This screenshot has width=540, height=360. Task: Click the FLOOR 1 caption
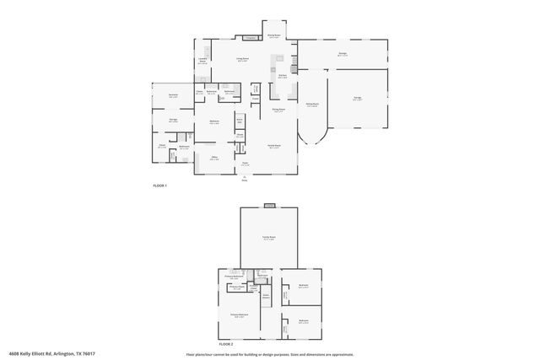(160, 185)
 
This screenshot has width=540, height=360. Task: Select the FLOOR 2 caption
(225, 345)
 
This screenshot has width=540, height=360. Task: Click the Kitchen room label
(283, 75)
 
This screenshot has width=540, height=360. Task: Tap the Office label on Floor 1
(215, 158)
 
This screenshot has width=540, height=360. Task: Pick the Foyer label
(245, 164)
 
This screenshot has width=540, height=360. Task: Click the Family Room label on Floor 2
(269, 239)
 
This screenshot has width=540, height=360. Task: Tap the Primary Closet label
(237, 287)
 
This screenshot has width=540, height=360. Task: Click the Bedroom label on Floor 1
(214, 122)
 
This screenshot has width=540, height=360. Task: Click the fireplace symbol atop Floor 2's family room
(269, 205)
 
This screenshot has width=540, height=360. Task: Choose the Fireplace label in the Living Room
(251, 38)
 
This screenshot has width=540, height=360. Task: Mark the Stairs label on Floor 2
(265, 295)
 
